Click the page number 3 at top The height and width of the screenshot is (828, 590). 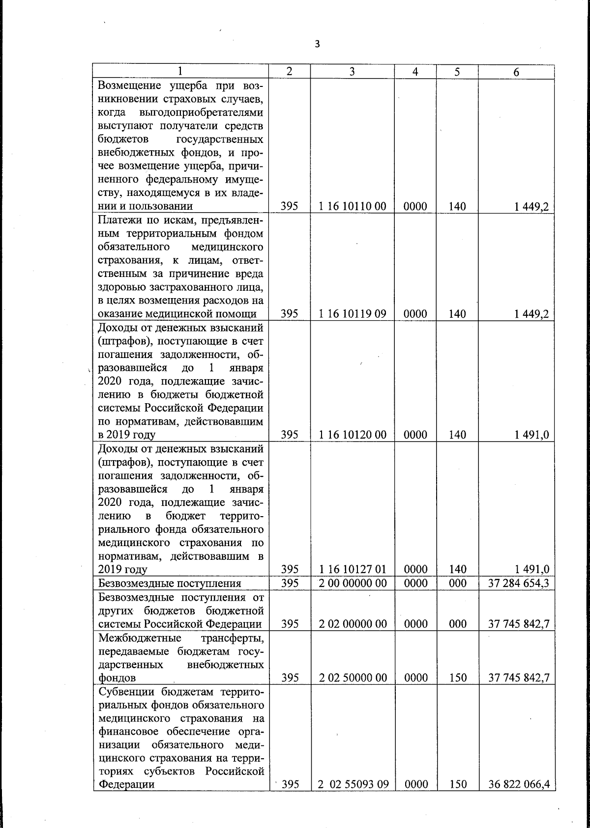[317, 44]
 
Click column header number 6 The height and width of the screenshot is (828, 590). [516, 72]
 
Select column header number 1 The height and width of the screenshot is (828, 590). [180, 72]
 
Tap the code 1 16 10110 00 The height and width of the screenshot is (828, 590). [353, 206]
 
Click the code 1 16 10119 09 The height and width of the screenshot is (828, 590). [353, 314]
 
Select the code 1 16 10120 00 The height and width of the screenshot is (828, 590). [353, 435]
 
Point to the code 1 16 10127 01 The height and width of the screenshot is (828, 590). [353, 569]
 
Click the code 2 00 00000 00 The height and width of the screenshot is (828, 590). [353, 583]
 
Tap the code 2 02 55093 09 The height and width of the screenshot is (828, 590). [353, 784]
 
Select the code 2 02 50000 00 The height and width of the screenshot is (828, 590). [353, 678]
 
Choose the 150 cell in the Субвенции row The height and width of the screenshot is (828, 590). [457, 784]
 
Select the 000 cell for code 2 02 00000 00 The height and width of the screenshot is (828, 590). [457, 624]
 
